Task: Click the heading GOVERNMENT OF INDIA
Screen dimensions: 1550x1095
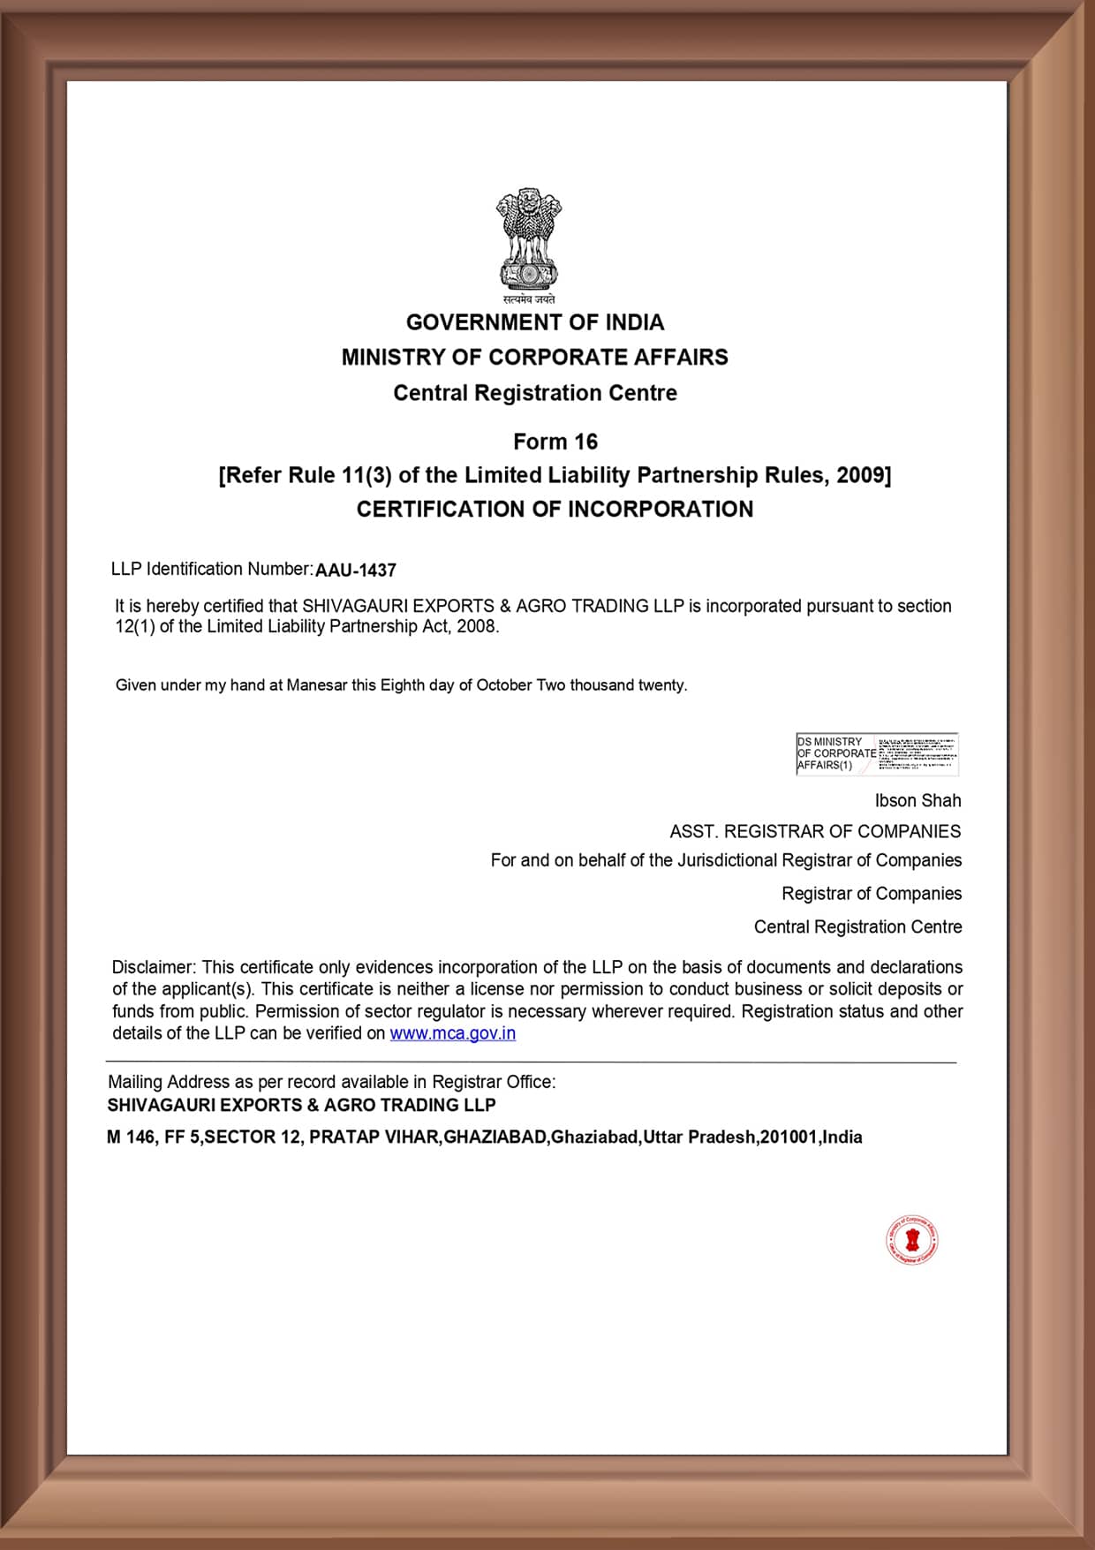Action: tap(534, 322)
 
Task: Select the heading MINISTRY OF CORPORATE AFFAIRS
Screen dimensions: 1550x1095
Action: tap(534, 358)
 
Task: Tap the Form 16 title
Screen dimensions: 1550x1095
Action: tap(555, 442)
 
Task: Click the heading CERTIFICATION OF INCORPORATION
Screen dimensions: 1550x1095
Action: tap(555, 510)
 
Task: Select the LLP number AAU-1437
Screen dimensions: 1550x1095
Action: tap(356, 571)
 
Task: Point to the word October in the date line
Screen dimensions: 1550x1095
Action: tap(503, 685)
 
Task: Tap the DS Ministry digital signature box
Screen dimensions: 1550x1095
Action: tap(876, 754)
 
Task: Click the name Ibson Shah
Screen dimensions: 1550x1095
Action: tap(918, 801)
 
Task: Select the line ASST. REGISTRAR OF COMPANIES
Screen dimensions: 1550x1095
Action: tap(814, 832)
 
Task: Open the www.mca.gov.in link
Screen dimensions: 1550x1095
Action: tap(452, 1033)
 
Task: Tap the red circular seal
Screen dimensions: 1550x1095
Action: tap(912, 1240)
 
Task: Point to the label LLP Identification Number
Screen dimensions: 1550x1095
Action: tap(212, 570)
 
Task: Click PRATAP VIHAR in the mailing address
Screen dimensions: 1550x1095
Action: tap(374, 1138)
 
